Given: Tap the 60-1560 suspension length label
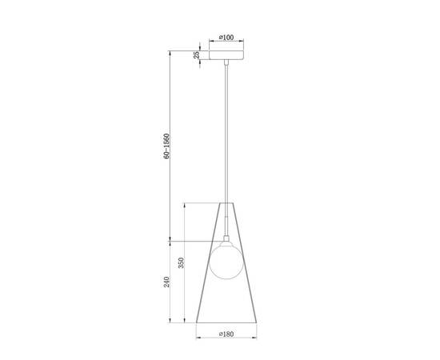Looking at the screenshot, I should (x=166, y=146).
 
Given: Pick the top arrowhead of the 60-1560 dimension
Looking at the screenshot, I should (x=170, y=52).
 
